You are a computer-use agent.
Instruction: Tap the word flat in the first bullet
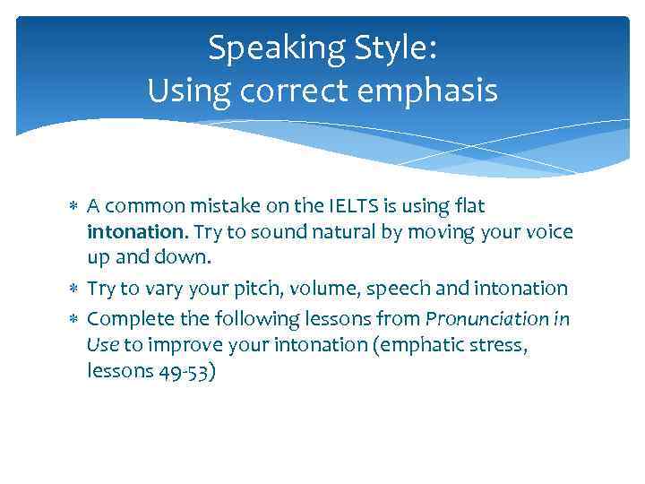pos(468,206)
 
